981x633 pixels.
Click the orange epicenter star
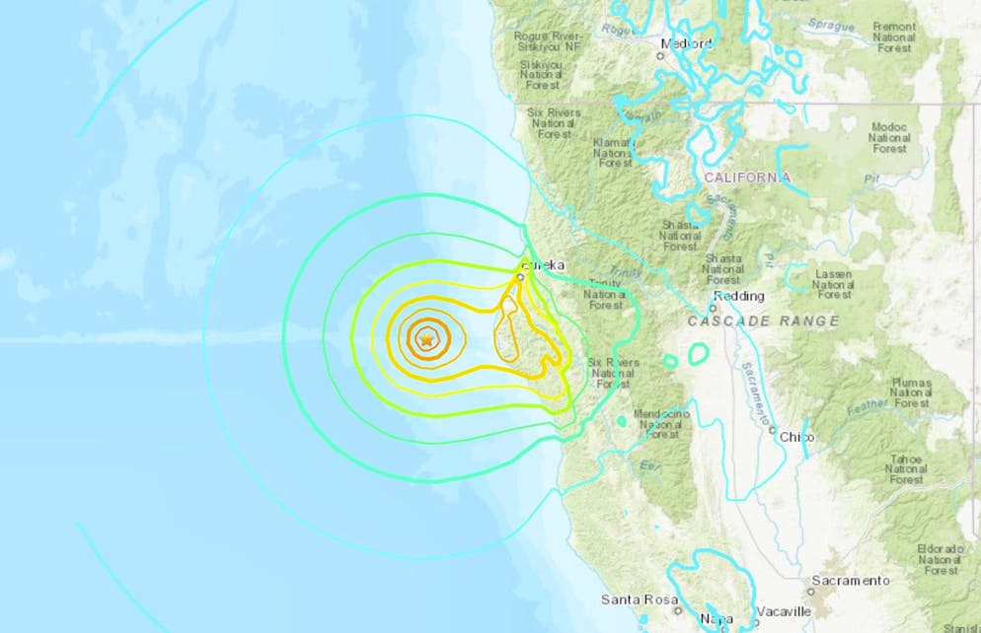[426, 338]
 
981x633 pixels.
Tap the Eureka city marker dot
[520, 278]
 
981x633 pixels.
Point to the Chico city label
[795, 437]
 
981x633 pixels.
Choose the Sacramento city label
[851, 580]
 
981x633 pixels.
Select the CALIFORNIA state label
[747, 177]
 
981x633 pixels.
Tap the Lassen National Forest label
[833, 283]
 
